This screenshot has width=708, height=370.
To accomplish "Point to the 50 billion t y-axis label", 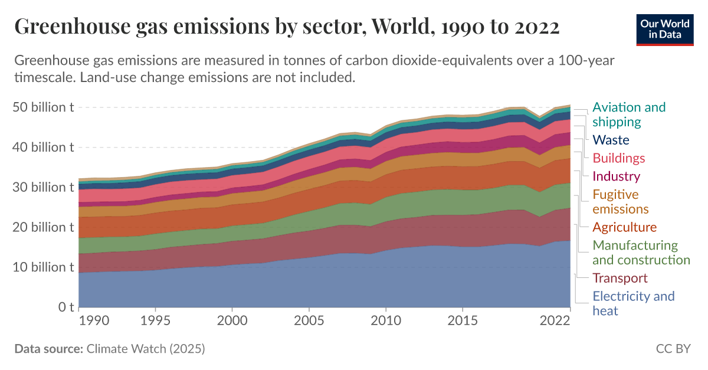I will (43, 107).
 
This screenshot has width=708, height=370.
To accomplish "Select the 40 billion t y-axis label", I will (43, 148).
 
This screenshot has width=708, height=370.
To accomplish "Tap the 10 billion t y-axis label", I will (43, 267).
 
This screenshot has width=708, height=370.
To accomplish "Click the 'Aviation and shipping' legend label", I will (628, 114).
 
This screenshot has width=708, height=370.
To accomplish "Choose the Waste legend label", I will (611, 140).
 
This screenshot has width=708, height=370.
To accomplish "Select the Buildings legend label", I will (618, 158).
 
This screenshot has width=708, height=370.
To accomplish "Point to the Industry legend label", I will (616, 176).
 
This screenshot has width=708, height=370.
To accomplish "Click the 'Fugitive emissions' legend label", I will (621, 202).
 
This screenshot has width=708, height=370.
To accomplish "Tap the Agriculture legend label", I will (624, 227).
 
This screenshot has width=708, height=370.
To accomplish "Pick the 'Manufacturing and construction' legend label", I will (641, 253).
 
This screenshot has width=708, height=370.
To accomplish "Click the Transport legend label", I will (619, 278).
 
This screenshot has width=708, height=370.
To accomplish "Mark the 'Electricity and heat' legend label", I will (633, 303).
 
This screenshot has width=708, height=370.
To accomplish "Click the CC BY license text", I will (673, 349).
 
